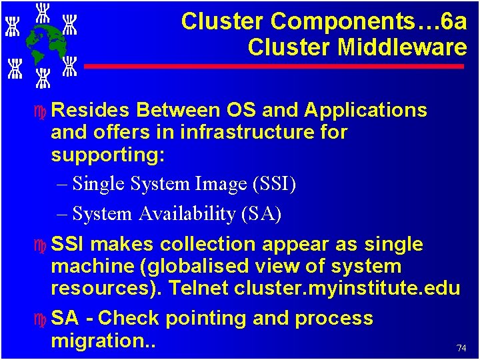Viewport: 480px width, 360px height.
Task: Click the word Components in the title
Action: pos(323,22)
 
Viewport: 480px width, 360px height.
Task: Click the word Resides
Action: pos(93,110)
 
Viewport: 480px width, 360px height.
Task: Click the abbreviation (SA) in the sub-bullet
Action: pos(261,214)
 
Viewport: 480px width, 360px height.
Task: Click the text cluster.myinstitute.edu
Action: pos(347,289)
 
